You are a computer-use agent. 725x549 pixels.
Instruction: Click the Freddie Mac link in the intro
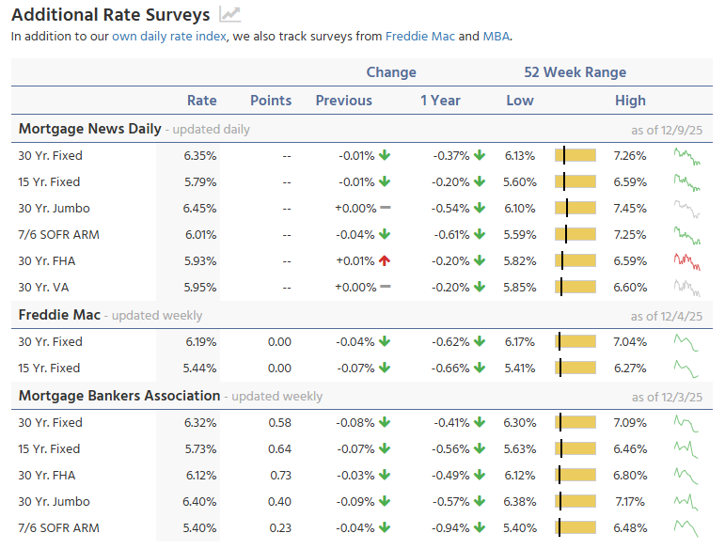tap(420, 37)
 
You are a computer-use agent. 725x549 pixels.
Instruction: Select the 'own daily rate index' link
tap(169, 37)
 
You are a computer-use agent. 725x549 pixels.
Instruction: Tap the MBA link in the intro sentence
tap(496, 37)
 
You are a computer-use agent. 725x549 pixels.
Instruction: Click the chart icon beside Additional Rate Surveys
tap(229, 14)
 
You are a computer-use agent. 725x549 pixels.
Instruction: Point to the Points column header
tap(271, 101)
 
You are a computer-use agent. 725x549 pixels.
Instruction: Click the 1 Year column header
tap(440, 101)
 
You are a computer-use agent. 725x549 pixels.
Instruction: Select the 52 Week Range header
tap(575, 72)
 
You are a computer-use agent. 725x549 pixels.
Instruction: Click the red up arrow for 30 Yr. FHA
tap(385, 261)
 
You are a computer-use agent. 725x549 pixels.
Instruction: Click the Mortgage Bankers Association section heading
tap(119, 396)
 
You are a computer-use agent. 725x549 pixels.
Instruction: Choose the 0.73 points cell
tap(279, 476)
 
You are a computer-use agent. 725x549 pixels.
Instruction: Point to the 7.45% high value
tap(629, 209)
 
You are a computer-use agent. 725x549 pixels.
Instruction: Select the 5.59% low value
tap(520, 235)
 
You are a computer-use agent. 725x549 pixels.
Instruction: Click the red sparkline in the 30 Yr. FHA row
tap(687, 260)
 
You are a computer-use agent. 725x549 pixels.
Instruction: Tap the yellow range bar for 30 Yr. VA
tap(575, 288)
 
